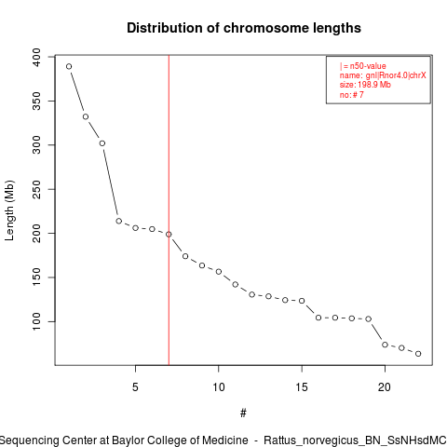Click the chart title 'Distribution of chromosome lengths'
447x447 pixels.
244,28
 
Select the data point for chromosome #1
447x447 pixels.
69,66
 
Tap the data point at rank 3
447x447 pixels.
102,143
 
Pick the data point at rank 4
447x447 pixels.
118,221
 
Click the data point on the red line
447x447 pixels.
169,235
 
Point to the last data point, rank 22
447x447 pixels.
418,354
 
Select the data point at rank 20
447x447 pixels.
385,345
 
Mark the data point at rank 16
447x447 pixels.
318,318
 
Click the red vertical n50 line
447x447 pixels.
169,210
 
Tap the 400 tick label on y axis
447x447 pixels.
36,57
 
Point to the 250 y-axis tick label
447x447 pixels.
36,189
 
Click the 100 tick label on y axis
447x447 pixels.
36,321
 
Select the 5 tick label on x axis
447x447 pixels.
135,387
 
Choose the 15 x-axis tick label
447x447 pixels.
302,387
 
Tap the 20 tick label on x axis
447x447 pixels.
385,387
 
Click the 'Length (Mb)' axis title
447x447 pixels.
9,210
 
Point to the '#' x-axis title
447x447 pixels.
243,413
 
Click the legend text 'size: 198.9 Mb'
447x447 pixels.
365,85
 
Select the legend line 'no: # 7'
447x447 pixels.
351,95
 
